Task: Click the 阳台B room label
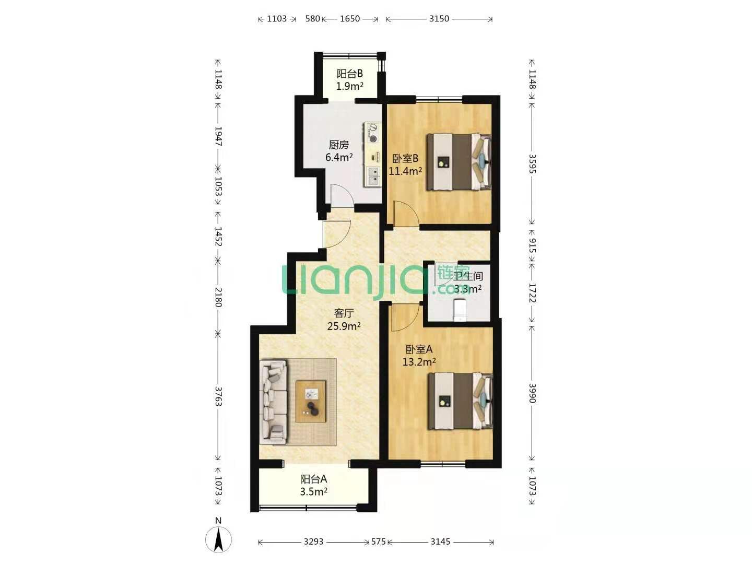[x=349, y=74]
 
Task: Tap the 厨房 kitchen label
[x=338, y=145]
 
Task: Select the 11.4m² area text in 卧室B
[x=405, y=171]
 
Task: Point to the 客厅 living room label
[x=344, y=313]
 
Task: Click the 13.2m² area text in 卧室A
[x=419, y=361]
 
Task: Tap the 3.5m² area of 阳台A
[x=313, y=492]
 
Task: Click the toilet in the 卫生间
[x=460, y=310]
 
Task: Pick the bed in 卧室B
[x=459, y=162]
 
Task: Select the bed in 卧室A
[x=461, y=401]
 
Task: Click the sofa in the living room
[x=274, y=402]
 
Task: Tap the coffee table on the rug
[x=311, y=402]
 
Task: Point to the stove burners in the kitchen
[x=372, y=134]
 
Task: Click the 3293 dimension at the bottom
[x=313, y=542]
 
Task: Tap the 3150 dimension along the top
[x=439, y=18]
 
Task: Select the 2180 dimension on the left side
[x=219, y=297]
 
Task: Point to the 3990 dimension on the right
[x=532, y=393]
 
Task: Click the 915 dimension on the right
[x=532, y=245]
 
